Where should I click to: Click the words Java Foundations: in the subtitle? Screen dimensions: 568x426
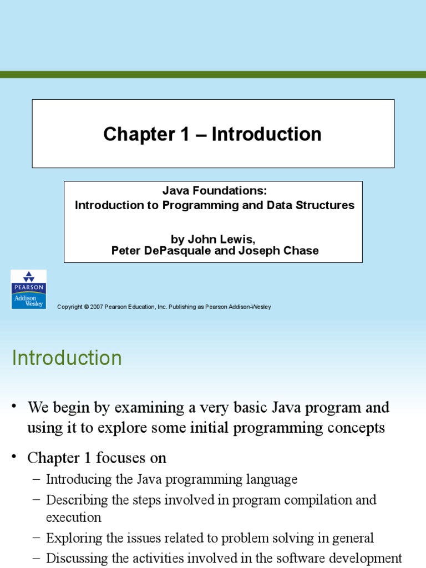(x=215, y=191)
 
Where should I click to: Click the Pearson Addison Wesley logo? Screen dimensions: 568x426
(x=29, y=290)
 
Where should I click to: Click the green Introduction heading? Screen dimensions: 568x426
(x=67, y=358)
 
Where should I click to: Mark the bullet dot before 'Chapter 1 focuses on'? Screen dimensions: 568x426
(x=15, y=458)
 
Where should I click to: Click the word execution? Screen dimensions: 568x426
(x=74, y=518)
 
